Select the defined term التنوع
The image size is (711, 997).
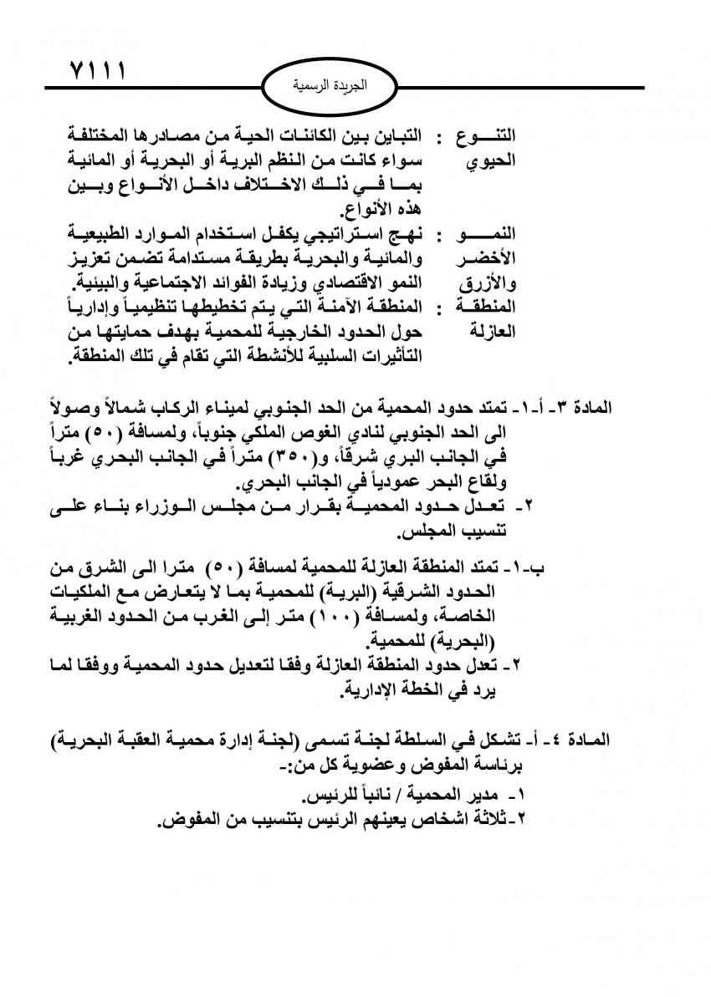(x=490, y=135)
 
